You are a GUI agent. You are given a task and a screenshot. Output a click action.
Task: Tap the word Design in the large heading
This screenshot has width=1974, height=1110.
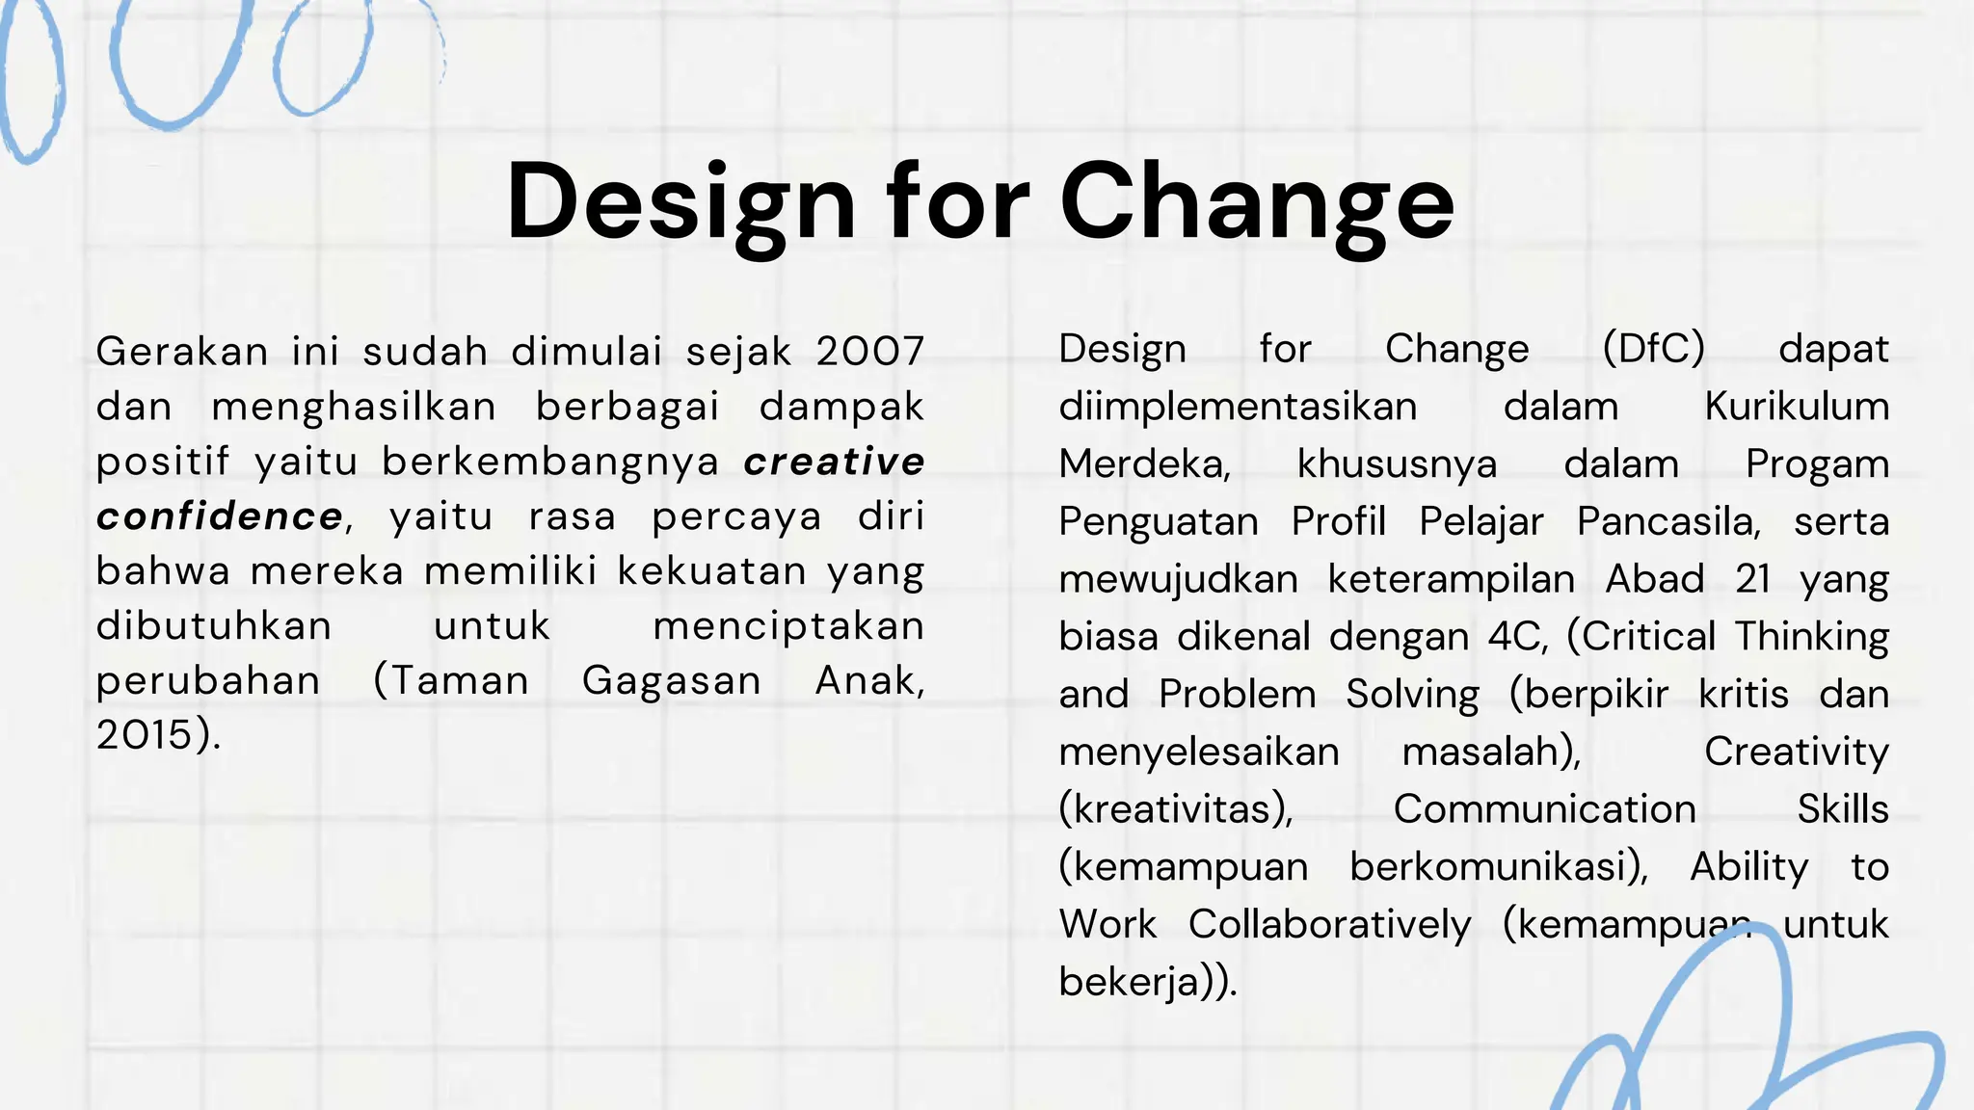pyautogui.click(x=680, y=202)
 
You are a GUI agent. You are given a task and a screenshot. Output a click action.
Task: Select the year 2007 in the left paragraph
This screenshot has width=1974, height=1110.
pyautogui.click(x=869, y=352)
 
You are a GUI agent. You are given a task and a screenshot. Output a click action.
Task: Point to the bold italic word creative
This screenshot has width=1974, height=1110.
pyautogui.click(x=834, y=462)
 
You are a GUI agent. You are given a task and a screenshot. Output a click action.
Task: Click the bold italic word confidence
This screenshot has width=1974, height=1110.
pyautogui.click(x=220, y=517)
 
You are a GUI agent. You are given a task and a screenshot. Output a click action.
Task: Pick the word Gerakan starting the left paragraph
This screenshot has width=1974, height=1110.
pyautogui.click(x=182, y=352)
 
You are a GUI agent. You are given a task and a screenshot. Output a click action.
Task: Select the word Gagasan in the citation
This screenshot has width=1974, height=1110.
pyautogui.click(x=672, y=681)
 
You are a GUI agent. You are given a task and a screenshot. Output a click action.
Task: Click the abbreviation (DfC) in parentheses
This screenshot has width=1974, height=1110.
pyautogui.click(x=1653, y=349)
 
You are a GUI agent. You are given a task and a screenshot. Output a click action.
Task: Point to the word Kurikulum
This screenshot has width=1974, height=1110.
pyautogui.click(x=1797, y=407)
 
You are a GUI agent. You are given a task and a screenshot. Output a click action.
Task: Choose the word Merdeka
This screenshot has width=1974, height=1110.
pyautogui.click(x=1144, y=464)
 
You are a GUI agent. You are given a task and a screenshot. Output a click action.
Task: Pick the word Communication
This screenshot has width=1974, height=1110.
pyautogui.click(x=1544, y=809)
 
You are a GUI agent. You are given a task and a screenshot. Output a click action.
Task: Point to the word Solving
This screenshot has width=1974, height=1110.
pyautogui.click(x=1412, y=695)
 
